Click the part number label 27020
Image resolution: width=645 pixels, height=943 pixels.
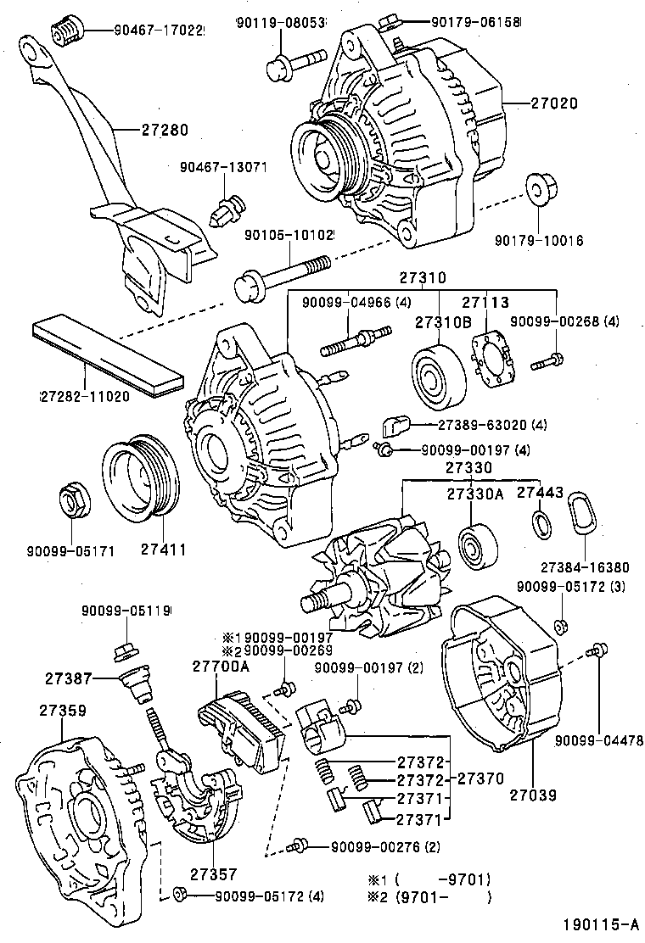pos(554,103)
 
